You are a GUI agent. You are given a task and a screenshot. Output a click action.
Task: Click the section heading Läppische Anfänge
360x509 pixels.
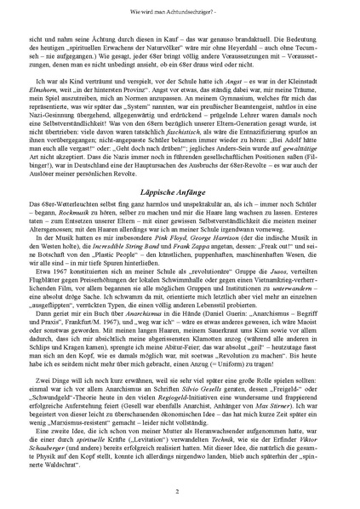click(180, 192)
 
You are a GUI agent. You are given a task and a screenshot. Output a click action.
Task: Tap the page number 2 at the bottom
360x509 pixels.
click(180, 491)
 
